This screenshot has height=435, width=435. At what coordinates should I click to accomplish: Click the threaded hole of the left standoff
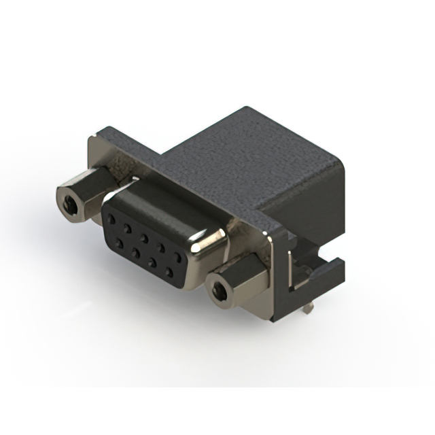tap(69, 202)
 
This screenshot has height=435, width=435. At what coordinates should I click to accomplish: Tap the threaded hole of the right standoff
tap(219, 292)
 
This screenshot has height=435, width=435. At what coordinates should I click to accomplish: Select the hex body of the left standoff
tap(82, 194)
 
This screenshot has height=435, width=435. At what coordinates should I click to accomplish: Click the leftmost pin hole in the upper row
tap(111, 220)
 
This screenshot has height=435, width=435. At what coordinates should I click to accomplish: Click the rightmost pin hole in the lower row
tap(173, 272)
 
